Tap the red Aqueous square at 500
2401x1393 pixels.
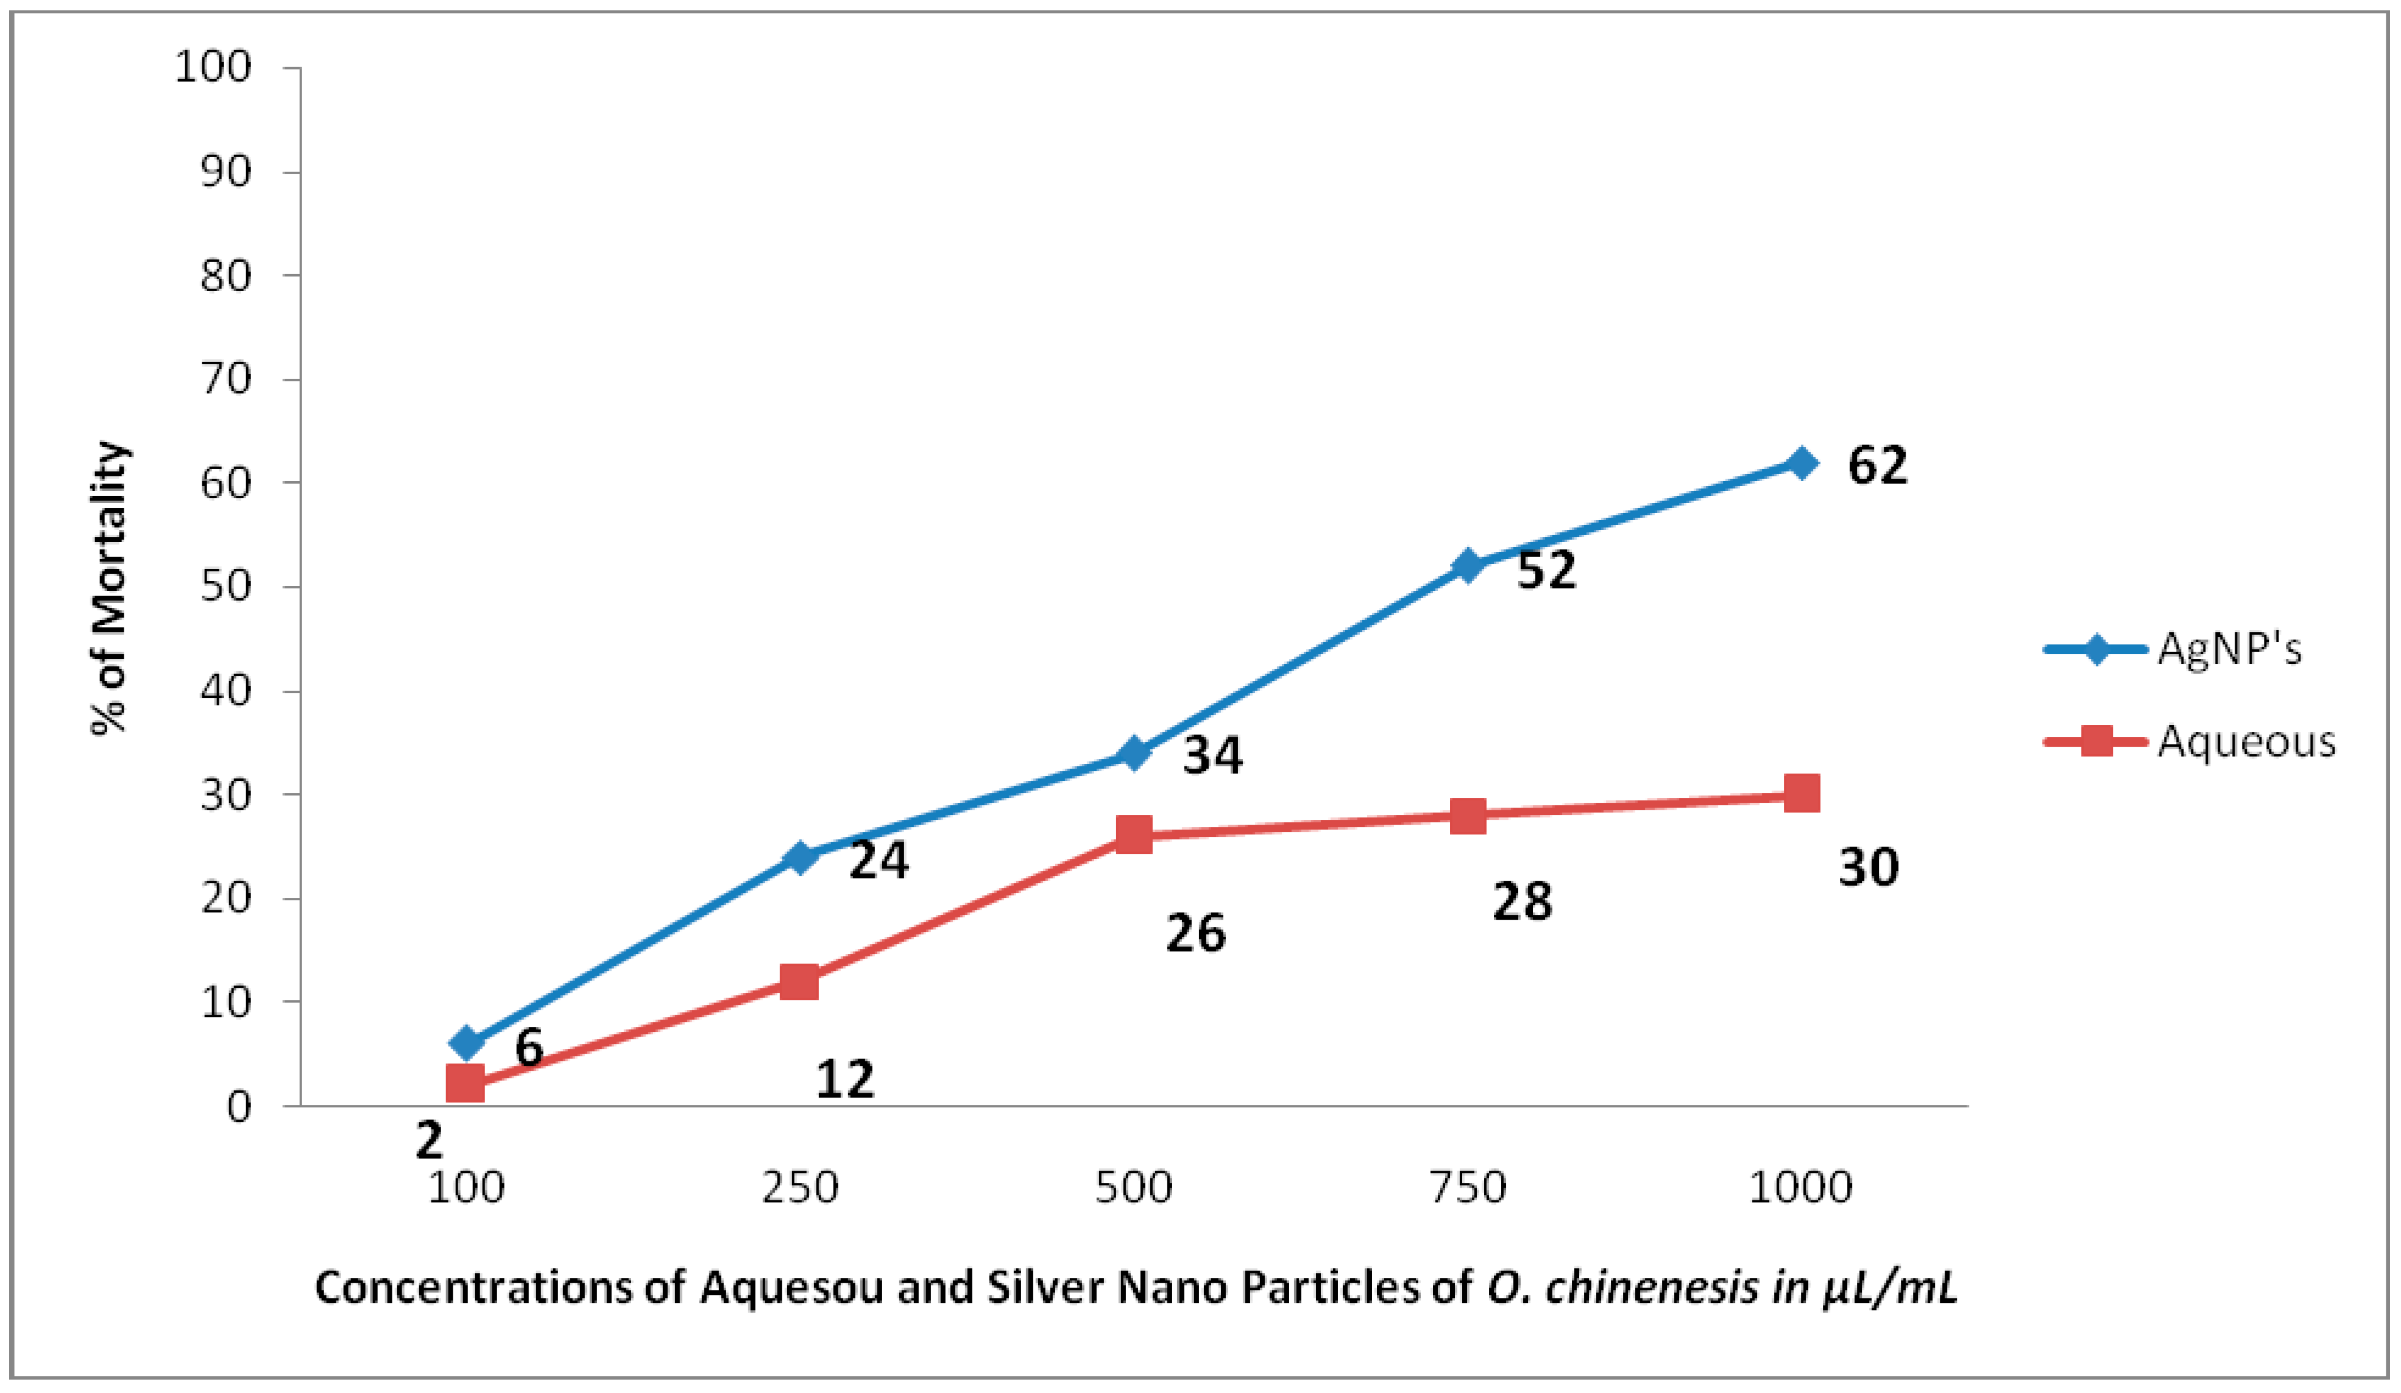point(1133,834)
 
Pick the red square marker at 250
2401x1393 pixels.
point(799,981)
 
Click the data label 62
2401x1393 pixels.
point(1877,466)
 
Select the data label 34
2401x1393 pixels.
point(1212,755)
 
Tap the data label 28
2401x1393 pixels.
point(1522,900)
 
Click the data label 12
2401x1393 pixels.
point(844,1079)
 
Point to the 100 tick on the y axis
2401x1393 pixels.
point(213,68)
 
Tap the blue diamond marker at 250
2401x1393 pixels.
point(799,856)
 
